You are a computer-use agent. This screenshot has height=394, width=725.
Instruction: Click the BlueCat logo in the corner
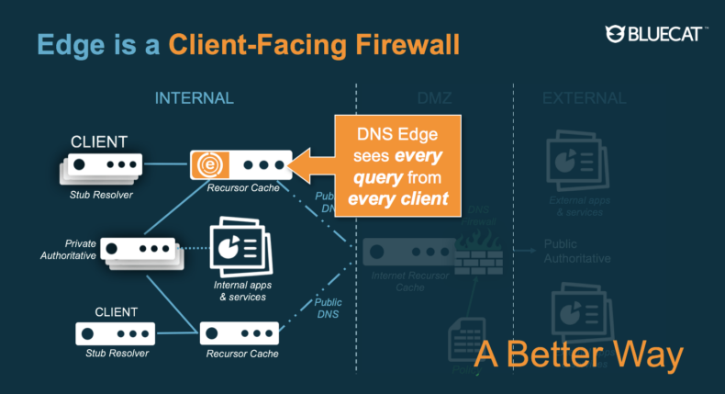click(656, 34)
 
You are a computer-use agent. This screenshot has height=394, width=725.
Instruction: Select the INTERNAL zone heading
click(194, 98)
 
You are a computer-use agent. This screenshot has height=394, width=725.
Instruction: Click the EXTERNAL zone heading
click(585, 98)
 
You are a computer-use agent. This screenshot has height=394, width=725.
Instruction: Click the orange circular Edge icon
click(207, 166)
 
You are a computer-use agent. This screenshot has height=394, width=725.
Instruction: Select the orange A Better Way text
click(579, 355)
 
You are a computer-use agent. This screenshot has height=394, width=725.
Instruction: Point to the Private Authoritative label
click(68, 250)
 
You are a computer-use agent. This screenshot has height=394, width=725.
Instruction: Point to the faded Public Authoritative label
click(577, 251)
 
